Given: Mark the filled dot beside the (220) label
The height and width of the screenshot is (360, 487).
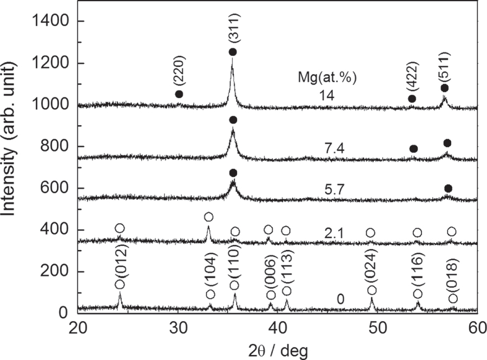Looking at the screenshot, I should coord(179,94).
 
